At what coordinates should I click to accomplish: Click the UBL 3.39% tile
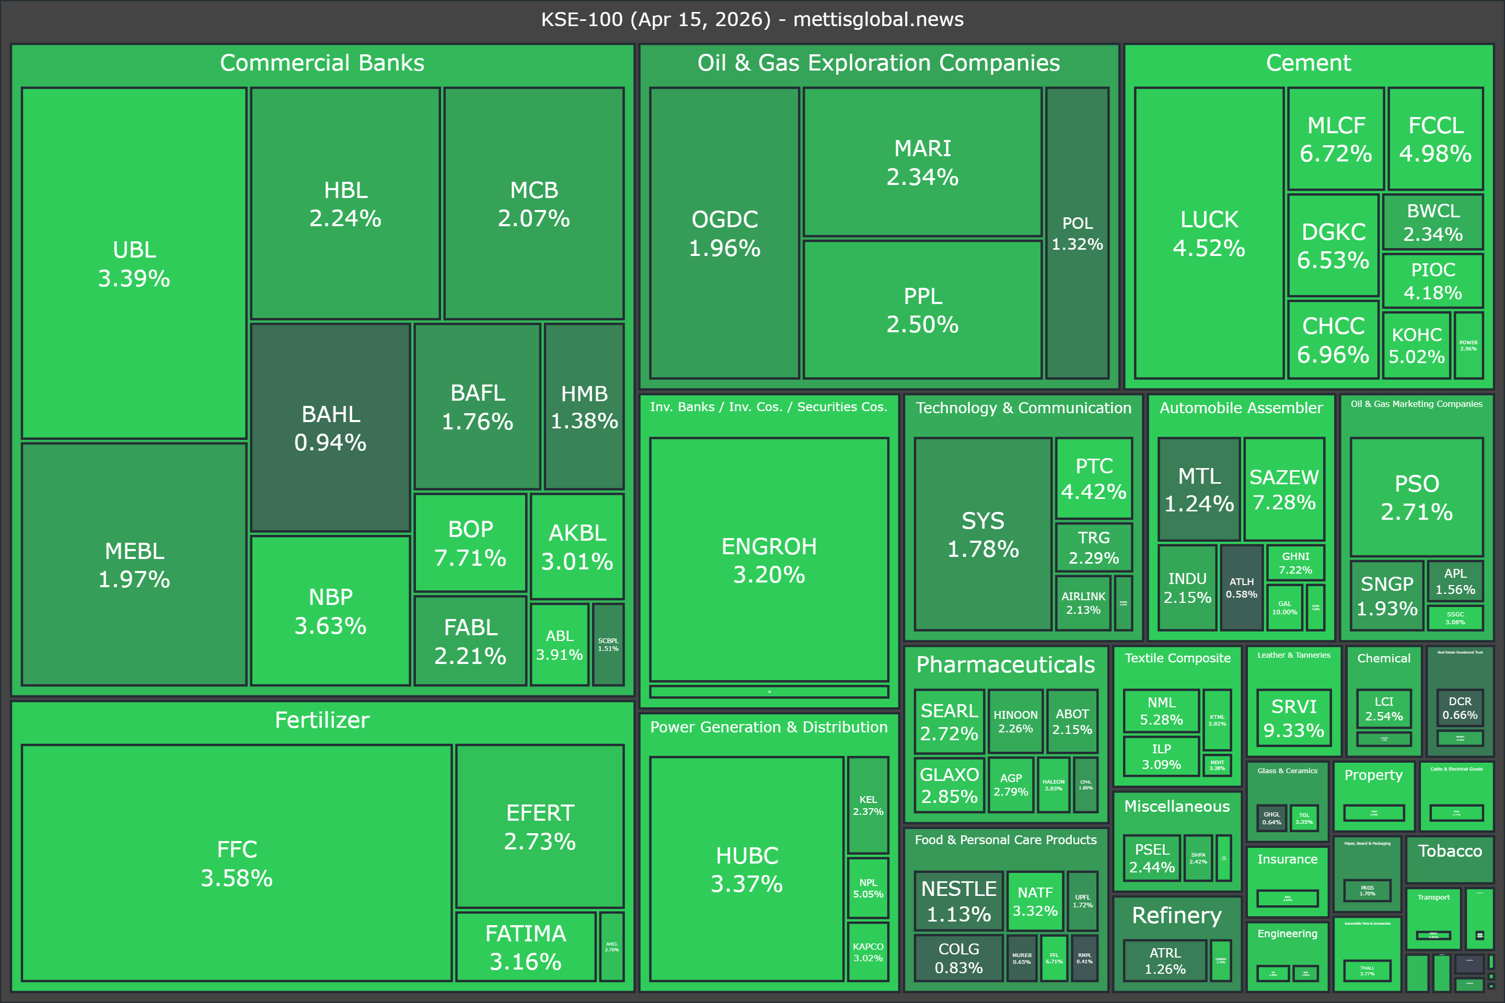pyautogui.click(x=134, y=263)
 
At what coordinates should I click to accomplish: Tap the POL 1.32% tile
pyautogui.click(x=1077, y=233)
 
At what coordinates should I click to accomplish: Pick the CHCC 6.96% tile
pyautogui.click(x=1333, y=340)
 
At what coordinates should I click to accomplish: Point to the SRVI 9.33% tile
pyautogui.click(x=1293, y=718)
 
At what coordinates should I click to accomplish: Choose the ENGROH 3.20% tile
pyautogui.click(x=769, y=559)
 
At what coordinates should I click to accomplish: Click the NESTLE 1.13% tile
pyautogui.click(x=958, y=901)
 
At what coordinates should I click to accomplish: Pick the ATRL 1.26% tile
pyautogui.click(x=1165, y=960)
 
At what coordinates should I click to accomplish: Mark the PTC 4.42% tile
pyautogui.click(x=1094, y=478)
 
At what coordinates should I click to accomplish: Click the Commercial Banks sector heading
pyautogui.click(x=322, y=63)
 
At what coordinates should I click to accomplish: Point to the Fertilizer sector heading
pyautogui.click(x=322, y=720)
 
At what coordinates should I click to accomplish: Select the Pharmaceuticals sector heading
pyautogui.click(x=1005, y=664)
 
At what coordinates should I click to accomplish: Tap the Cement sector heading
pyautogui.click(x=1308, y=63)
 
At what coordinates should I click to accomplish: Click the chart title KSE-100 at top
pyautogui.click(x=752, y=19)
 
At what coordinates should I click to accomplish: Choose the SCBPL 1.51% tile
pyautogui.click(x=608, y=644)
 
